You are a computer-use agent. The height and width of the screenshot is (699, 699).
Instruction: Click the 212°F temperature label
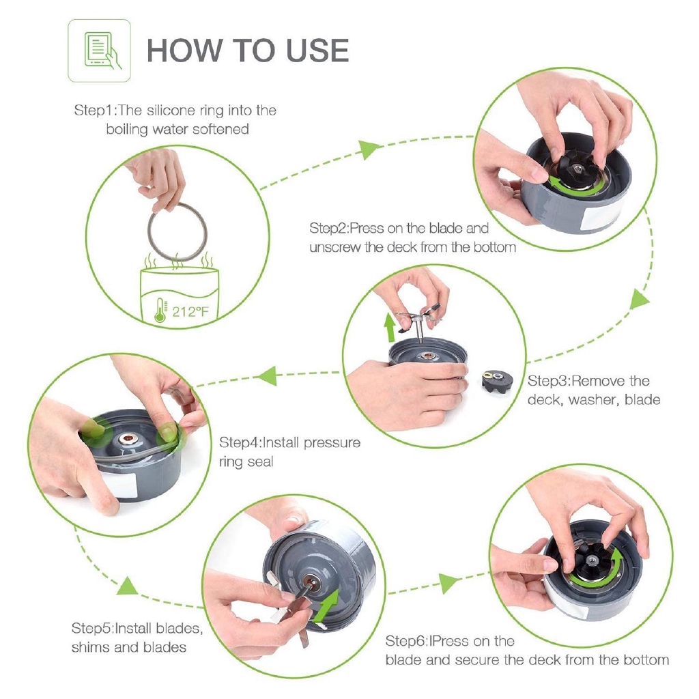pos(190,311)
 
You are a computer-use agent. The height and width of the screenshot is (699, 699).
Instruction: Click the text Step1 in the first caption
pos(94,110)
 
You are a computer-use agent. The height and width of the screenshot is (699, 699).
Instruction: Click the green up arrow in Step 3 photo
pos(390,327)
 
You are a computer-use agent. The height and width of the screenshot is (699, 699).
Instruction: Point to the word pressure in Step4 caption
pos(332,443)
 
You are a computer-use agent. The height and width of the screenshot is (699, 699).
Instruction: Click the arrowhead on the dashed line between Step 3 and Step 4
pos(268,375)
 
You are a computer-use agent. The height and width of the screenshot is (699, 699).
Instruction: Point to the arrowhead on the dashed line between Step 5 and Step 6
pos(448,583)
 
